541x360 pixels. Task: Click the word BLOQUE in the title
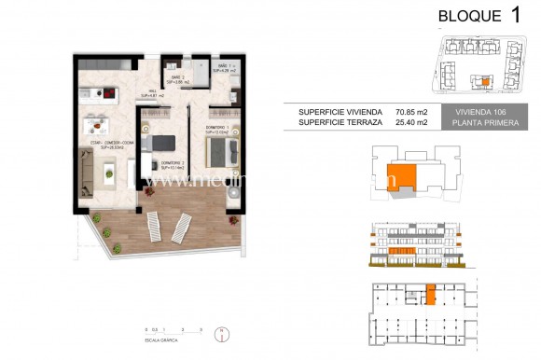tap(465, 16)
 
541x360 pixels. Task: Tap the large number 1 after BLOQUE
tap(516, 15)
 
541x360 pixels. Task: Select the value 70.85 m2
tap(409, 111)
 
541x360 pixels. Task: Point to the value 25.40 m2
tap(409, 122)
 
